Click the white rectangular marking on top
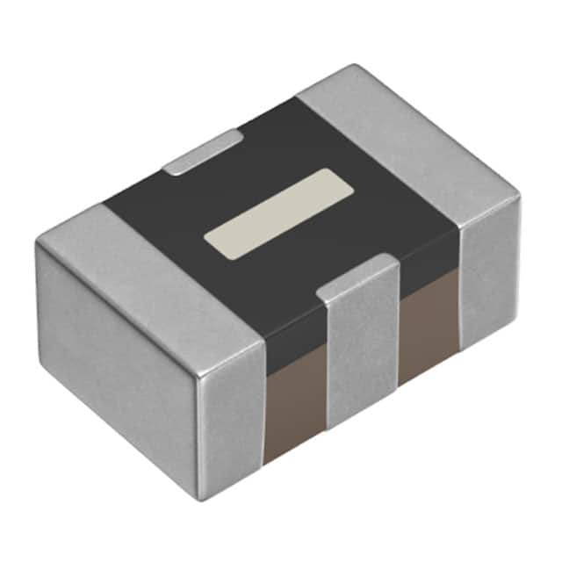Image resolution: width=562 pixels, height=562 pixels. (278, 215)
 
